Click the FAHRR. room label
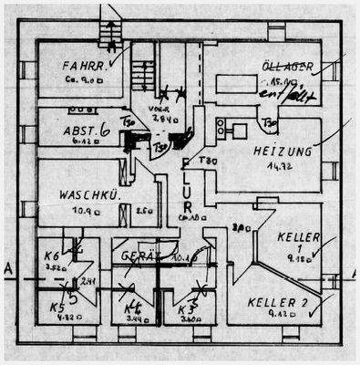click(x=83, y=66)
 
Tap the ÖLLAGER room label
click(x=288, y=68)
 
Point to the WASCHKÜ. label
click(x=85, y=195)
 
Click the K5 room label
click(x=55, y=307)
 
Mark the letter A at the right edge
click(x=352, y=271)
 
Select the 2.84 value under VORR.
click(x=163, y=120)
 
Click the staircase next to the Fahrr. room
click(x=141, y=72)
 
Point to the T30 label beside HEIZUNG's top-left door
click(x=269, y=121)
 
